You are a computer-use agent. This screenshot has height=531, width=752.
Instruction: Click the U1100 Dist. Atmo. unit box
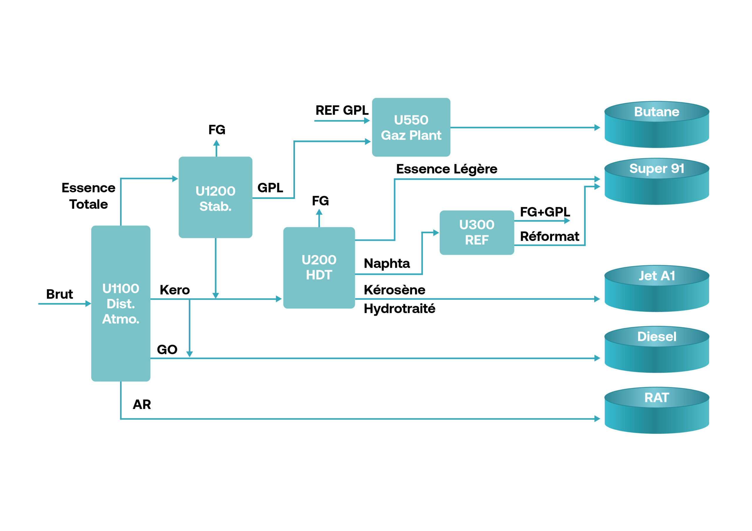click(120, 303)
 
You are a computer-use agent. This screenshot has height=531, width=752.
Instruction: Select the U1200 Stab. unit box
click(215, 197)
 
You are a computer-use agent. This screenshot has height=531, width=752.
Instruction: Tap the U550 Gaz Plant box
click(411, 127)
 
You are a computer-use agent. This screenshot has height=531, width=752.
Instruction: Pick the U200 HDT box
click(319, 267)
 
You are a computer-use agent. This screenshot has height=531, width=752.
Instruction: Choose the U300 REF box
click(476, 232)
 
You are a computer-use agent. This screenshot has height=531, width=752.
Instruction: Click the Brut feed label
click(59, 294)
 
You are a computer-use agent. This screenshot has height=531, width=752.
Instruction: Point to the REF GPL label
click(342, 110)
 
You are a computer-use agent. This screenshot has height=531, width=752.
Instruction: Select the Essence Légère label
click(446, 169)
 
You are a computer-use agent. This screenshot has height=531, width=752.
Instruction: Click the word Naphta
click(387, 263)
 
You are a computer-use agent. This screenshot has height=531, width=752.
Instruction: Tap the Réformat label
click(549, 236)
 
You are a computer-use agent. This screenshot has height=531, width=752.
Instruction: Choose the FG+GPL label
click(545, 212)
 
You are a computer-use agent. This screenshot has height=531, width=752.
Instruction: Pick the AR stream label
click(142, 404)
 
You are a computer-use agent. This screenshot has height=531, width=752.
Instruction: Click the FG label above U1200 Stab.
click(216, 130)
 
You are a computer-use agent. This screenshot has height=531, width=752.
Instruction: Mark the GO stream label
click(167, 349)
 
